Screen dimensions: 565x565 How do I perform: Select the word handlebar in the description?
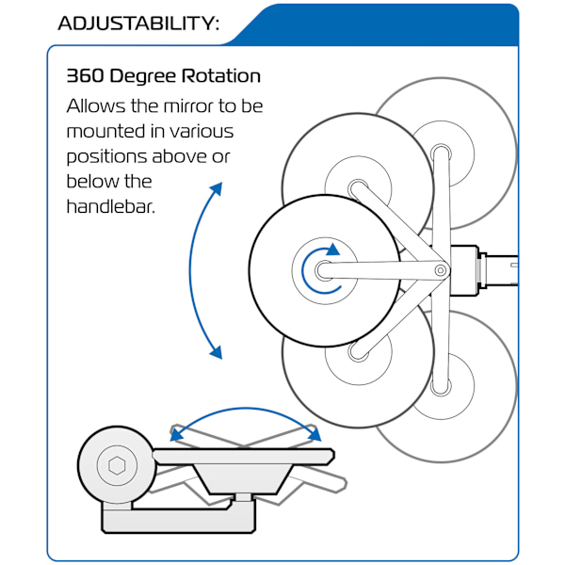pos(110,205)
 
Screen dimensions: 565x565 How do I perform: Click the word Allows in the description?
pos(94,106)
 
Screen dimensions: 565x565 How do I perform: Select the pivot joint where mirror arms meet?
pos(440,271)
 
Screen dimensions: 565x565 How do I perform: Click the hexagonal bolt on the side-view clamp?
pos(117,465)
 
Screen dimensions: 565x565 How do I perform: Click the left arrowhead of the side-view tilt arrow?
pos(174,434)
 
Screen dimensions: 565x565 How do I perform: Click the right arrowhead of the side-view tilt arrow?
pos(315,434)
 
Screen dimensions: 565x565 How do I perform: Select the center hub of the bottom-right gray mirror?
pos(439,381)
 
